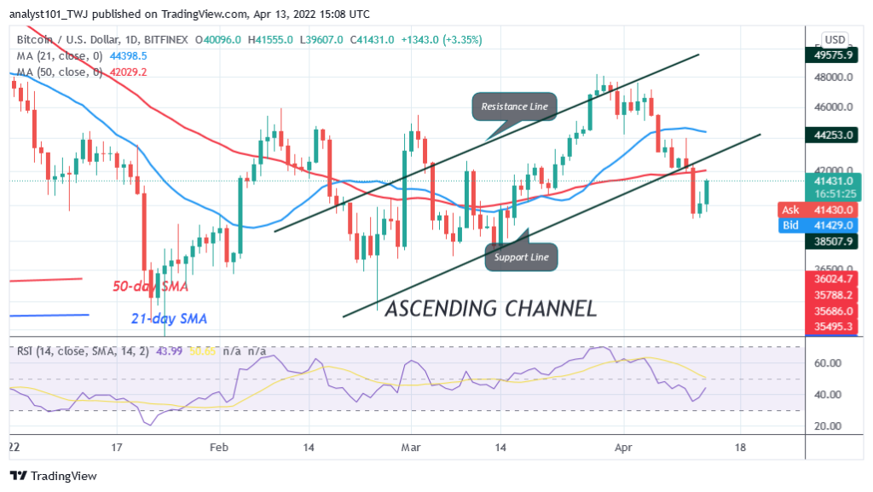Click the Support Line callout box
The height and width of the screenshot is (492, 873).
click(x=522, y=257)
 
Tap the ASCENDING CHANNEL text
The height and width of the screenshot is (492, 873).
click(x=490, y=309)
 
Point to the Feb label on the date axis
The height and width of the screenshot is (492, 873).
click(x=219, y=447)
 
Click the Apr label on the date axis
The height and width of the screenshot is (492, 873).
click(x=622, y=447)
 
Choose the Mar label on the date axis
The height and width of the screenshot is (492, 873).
click(x=412, y=447)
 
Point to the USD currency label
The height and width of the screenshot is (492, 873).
click(x=835, y=39)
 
